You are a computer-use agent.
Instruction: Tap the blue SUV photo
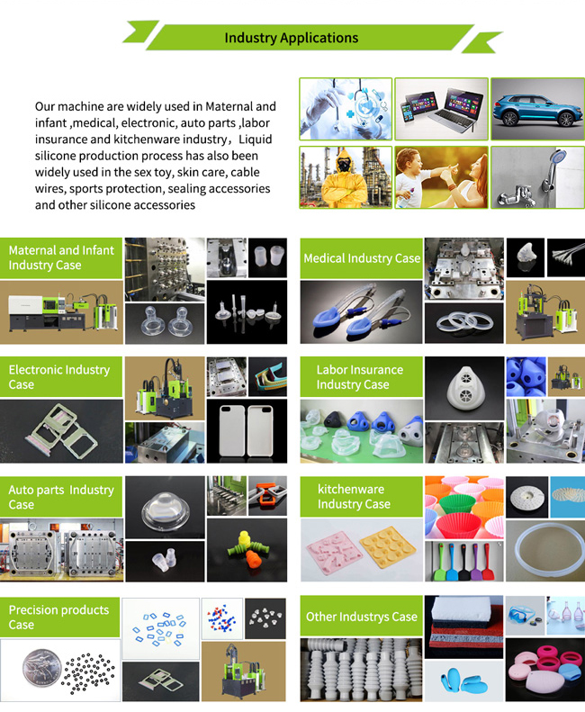(538, 109)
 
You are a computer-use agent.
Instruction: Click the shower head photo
(538, 177)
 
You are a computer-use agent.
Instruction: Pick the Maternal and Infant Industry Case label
(61, 258)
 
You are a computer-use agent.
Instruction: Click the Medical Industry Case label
(362, 258)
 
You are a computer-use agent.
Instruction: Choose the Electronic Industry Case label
(61, 377)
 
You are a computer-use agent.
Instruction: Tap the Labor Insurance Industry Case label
(362, 377)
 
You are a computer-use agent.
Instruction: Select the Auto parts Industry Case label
(61, 497)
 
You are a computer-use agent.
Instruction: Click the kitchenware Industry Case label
(362, 497)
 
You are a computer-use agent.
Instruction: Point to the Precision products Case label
(59, 617)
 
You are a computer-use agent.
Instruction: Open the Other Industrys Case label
(362, 617)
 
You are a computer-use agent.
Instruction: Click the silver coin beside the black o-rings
(41, 667)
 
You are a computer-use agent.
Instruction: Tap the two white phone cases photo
(247, 431)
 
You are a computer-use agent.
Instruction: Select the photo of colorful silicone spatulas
(464, 562)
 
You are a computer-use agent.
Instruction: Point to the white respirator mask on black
(464, 388)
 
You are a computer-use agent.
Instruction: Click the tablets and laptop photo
(442, 109)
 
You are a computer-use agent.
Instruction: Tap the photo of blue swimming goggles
(525, 616)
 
